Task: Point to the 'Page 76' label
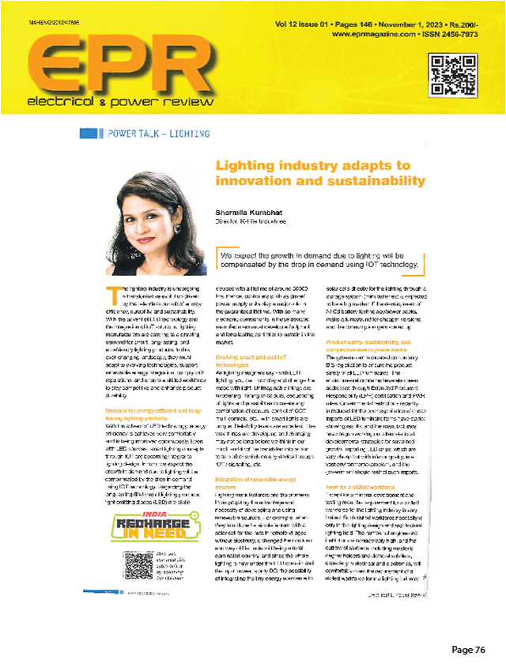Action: [470, 649]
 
